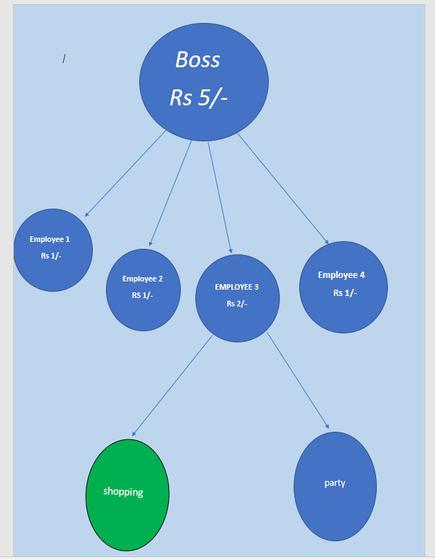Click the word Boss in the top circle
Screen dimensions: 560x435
[197, 60]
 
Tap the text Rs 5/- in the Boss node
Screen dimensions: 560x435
[199, 98]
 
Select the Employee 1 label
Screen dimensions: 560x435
[50, 239]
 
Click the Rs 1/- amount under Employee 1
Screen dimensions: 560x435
[51, 256]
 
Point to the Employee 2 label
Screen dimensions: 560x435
[143, 279]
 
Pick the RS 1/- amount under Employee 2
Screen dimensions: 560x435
[143, 295]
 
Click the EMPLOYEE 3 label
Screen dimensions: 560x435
[237, 286]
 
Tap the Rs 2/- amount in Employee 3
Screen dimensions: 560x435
[237, 303]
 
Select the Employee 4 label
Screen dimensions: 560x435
[341, 274]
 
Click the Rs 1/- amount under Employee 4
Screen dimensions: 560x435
[345, 292]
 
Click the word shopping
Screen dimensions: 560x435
[123, 492]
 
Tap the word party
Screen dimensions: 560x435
[335, 482]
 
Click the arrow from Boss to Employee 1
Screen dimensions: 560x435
[125, 173]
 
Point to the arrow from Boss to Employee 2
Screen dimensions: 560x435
[170, 193]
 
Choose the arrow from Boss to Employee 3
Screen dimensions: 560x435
[220, 198]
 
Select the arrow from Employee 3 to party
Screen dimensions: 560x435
[298, 381]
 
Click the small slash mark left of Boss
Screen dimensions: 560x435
[64, 59]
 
